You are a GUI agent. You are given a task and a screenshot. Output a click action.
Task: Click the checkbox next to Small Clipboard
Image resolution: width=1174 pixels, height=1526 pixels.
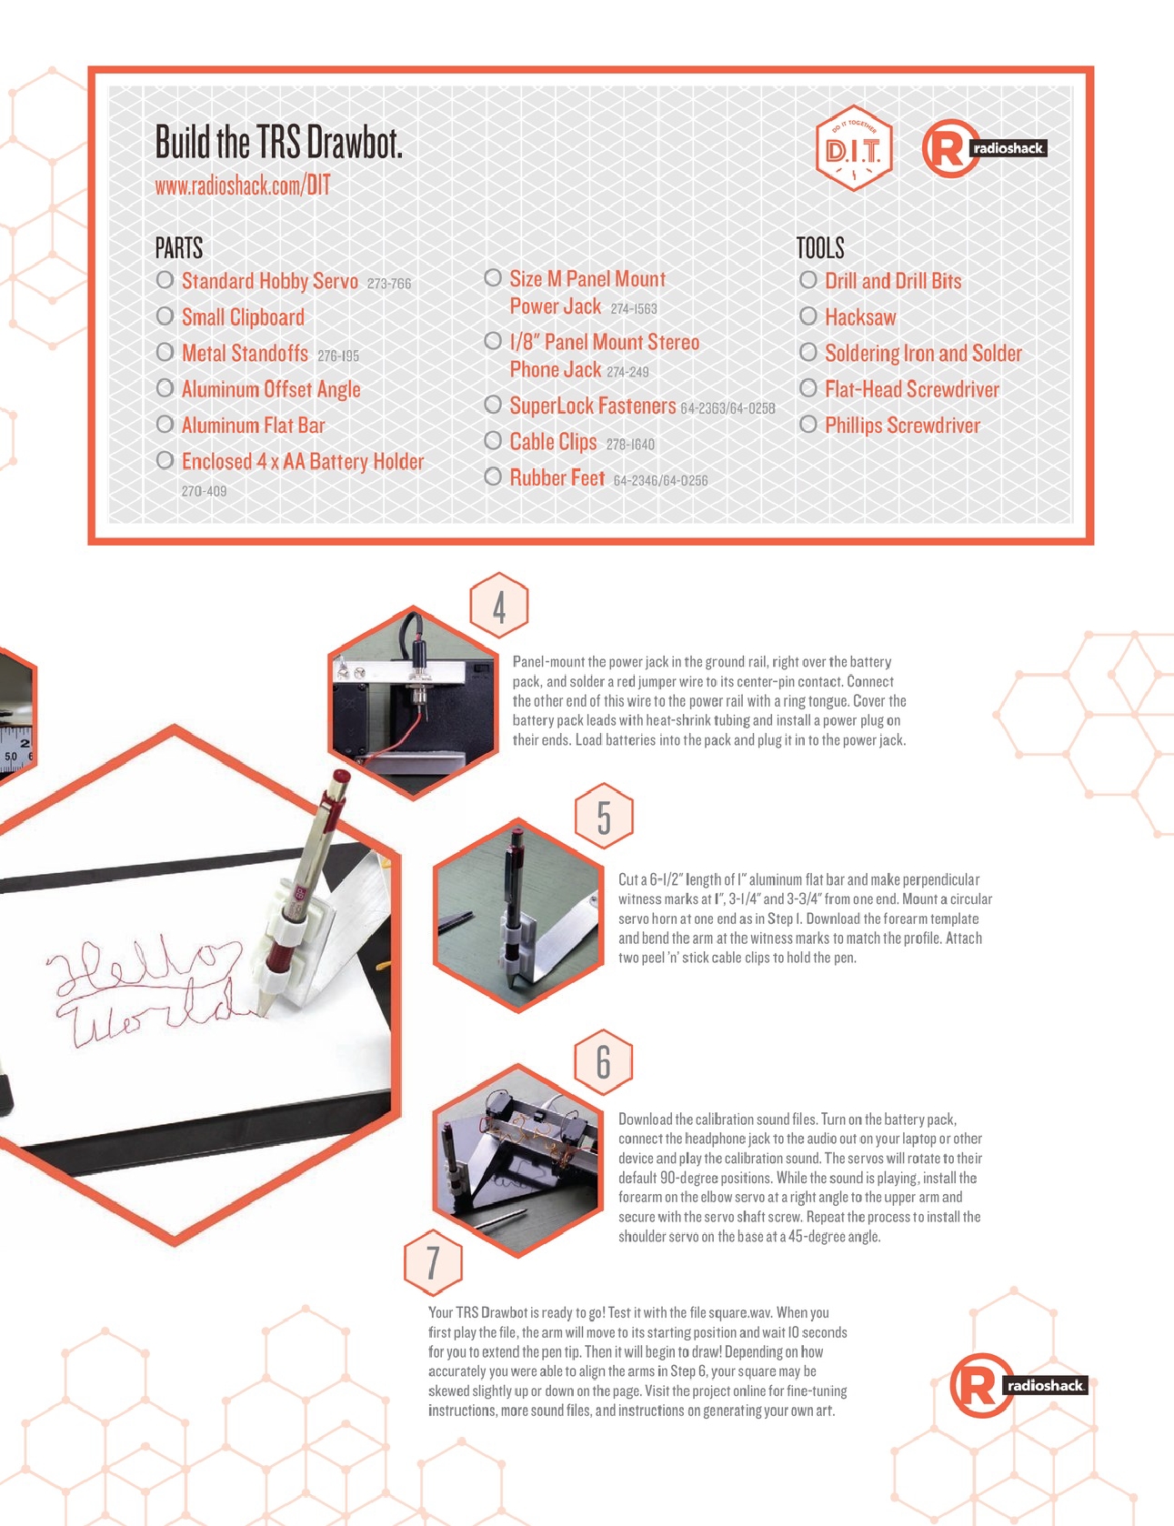(165, 316)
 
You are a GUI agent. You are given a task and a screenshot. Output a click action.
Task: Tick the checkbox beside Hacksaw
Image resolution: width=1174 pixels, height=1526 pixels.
(808, 316)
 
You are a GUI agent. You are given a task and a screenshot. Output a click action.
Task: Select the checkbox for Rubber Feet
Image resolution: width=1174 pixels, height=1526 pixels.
(493, 477)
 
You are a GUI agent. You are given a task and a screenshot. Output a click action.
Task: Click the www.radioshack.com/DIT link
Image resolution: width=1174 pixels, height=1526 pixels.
(243, 186)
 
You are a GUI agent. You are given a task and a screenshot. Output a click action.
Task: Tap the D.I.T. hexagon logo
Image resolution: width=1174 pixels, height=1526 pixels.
(853, 148)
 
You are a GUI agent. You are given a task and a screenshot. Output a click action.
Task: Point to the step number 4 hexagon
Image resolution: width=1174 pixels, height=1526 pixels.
(499, 606)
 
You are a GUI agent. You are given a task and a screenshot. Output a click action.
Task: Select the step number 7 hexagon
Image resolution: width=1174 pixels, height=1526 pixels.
(433, 1262)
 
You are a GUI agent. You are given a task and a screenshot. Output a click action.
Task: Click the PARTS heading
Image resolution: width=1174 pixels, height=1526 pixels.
(179, 247)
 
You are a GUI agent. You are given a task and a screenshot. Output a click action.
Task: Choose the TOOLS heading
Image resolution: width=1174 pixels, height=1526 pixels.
(820, 247)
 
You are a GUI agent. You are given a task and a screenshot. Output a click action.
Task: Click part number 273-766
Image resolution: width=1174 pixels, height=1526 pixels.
(389, 284)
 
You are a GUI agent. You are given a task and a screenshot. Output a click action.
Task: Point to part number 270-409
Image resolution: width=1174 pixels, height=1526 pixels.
(204, 491)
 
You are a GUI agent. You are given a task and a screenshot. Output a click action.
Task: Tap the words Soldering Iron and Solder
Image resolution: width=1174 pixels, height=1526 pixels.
(923, 354)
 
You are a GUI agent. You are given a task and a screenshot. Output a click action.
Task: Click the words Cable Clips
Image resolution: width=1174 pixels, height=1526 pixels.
(553, 442)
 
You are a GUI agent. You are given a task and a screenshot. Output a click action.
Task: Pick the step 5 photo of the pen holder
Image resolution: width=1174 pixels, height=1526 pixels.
(517, 914)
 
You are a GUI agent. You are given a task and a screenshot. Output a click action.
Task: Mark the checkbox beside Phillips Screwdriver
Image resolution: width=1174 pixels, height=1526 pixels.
(808, 425)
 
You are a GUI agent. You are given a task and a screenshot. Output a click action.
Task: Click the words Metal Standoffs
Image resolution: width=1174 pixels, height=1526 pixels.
(245, 353)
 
